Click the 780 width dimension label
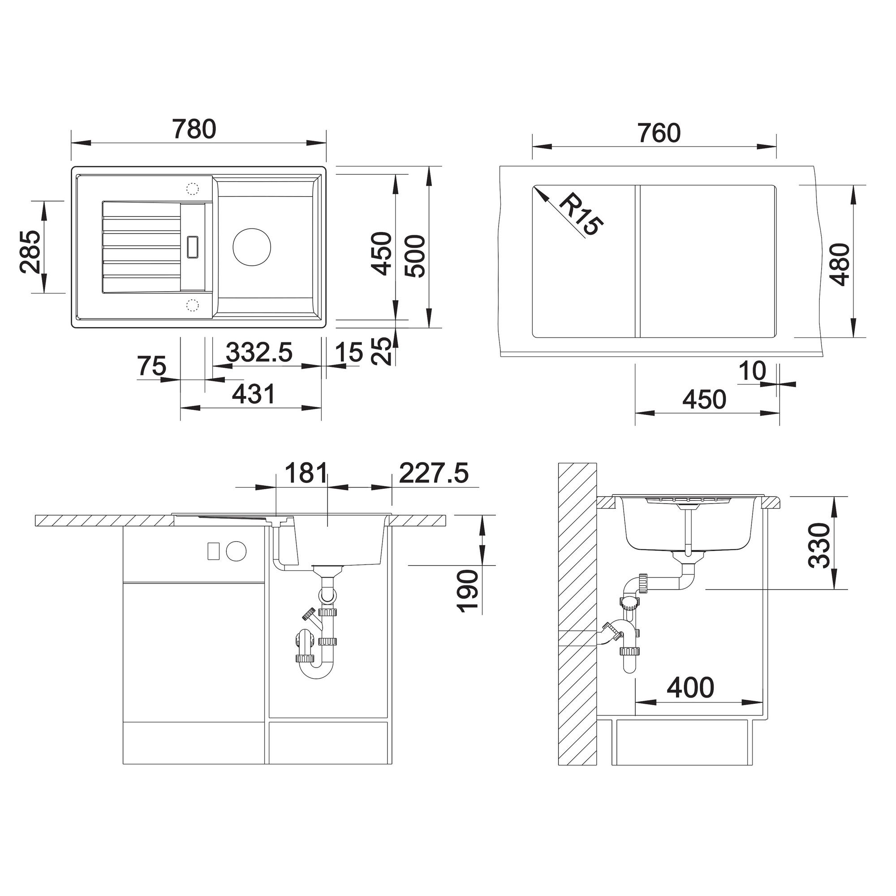pyautogui.click(x=194, y=129)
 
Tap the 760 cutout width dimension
pyautogui.click(x=659, y=133)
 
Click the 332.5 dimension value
pyautogui.click(x=259, y=352)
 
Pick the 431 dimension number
pyautogui.click(x=253, y=394)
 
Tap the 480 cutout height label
pyautogui.click(x=840, y=264)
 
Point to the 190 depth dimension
pyautogui.click(x=467, y=591)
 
